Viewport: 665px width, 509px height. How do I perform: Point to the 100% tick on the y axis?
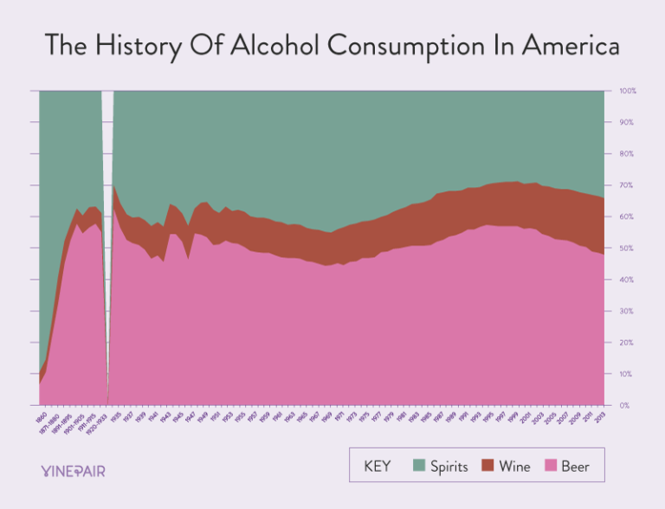tap(628, 91)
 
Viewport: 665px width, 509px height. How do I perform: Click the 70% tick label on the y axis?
tap(628, 185)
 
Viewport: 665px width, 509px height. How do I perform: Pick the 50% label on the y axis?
tap(628, 248)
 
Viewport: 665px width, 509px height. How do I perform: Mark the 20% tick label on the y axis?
tap(628, 343)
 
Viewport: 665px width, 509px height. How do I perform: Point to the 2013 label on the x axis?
tap(599, 416)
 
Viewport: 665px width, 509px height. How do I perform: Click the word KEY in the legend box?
tap(377, 467)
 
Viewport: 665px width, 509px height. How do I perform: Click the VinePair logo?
tap(73, 470)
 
